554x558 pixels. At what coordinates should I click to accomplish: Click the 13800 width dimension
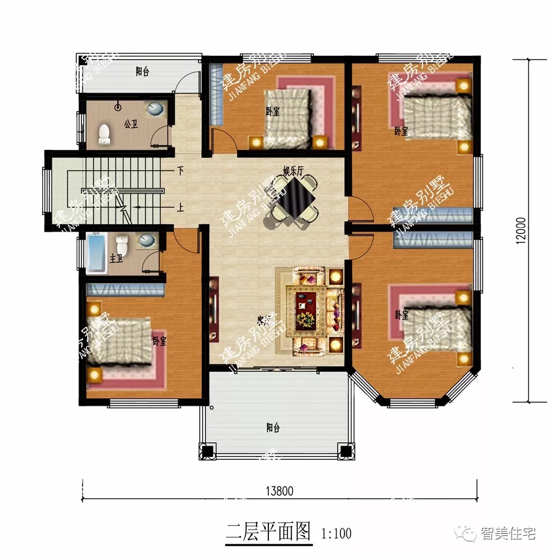pos(280,491)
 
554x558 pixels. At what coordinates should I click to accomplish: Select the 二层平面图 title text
pos(268,530)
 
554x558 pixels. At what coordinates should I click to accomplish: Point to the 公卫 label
pos(130,124)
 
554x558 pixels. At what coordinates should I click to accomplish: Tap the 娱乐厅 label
pos(293,170)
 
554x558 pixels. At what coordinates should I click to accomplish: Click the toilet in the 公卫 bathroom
pos(104,134)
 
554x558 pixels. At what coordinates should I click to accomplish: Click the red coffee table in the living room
pos(306,311)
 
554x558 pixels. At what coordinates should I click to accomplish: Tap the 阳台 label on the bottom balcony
pos(273,428)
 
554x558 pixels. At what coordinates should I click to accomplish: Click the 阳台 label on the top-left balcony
pos(142,72)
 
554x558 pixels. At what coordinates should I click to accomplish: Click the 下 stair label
pos(181,171)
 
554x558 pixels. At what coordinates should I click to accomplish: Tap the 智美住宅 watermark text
pos(508,533)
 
